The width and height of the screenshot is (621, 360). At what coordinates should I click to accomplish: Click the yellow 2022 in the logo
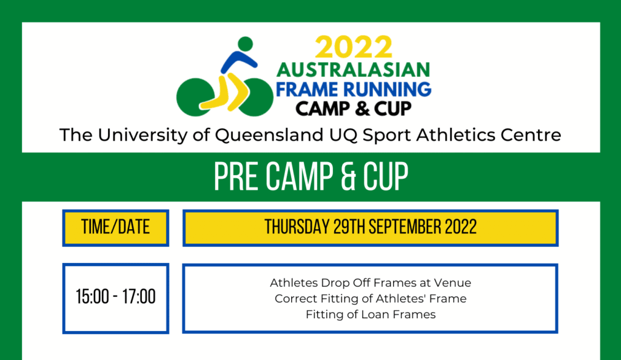point(354,48)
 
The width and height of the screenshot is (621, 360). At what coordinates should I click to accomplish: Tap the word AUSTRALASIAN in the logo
point(354,70)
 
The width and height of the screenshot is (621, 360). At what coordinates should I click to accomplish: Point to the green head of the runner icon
point(246,44)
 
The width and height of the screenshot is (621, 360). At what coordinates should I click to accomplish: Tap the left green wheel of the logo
point(195,97)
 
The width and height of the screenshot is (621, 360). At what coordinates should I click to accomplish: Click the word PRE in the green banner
point(237,177)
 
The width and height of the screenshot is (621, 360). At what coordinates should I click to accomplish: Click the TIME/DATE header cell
point(116,228)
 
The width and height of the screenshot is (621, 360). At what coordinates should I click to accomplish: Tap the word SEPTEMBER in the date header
point(404,227)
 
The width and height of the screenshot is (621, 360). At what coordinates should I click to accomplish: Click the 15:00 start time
point(92,297)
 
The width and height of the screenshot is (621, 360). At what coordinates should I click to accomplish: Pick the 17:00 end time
point(139,297)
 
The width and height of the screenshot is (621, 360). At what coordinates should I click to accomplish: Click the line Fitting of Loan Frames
point(371,315)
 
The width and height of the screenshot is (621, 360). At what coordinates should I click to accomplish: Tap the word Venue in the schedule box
point(452,283)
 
